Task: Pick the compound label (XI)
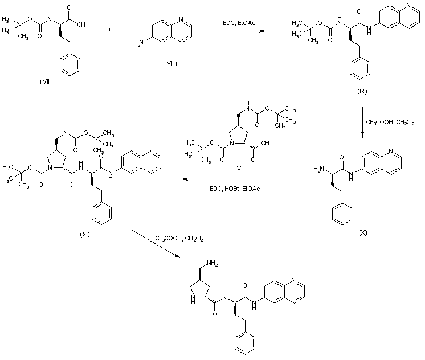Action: [x=86, y=234]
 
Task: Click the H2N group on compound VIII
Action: [x=138, y=43]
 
